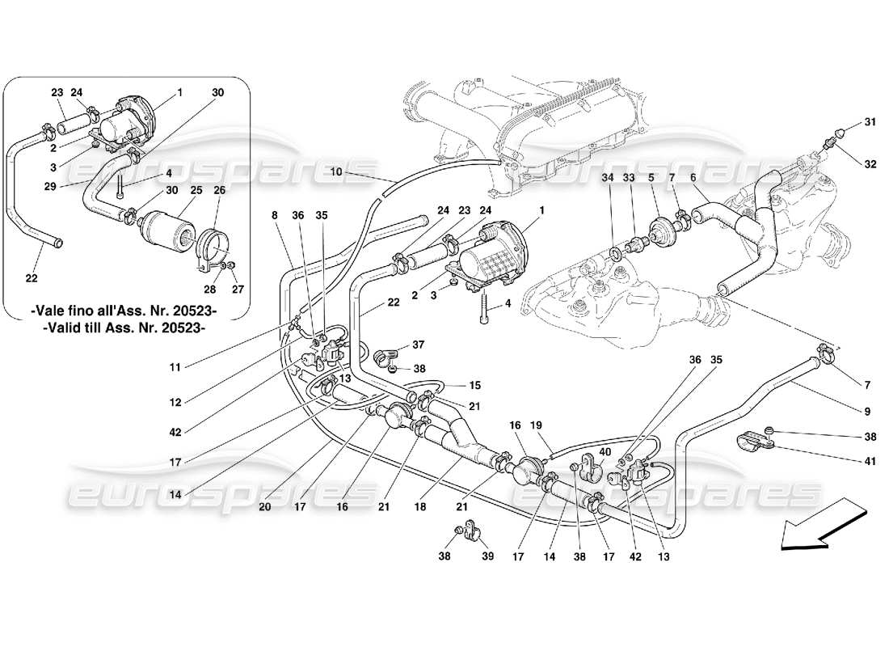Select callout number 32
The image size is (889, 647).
coord(870,163)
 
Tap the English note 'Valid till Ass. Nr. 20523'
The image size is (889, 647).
coord(125,328)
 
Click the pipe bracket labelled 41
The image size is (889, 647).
coord(753,443)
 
